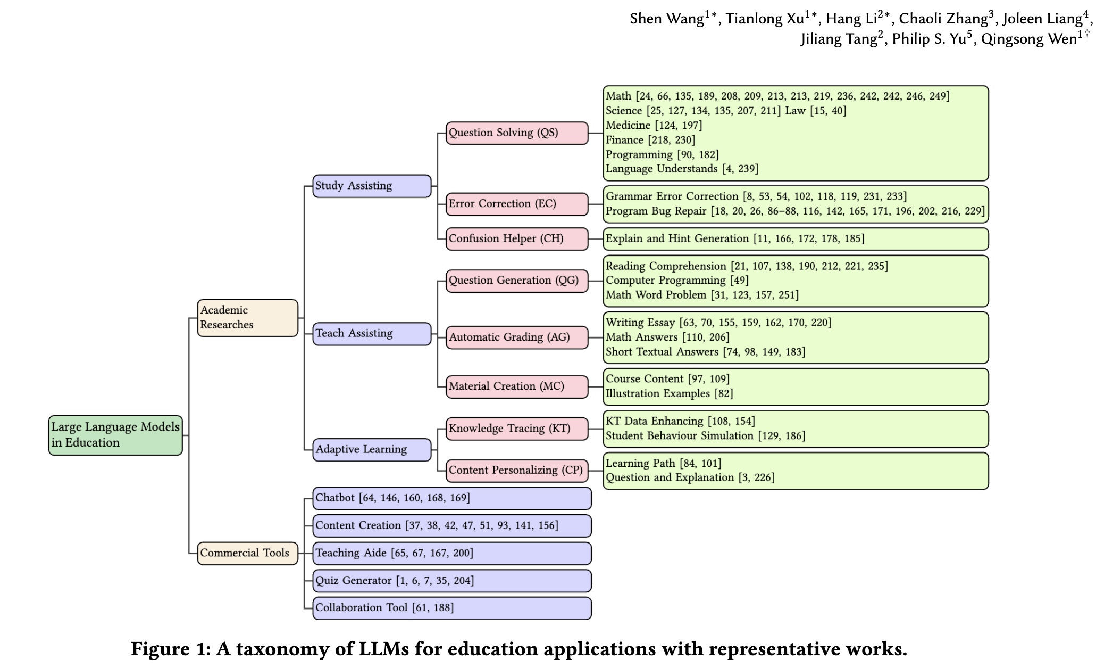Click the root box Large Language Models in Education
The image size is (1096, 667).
115,435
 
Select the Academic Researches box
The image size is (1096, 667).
247,318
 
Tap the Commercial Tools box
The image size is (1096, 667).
247,553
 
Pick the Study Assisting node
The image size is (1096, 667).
372,186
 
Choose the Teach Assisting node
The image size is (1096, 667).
372,334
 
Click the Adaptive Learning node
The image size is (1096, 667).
372,450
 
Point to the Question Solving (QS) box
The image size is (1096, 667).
517,133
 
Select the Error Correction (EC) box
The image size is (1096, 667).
517,204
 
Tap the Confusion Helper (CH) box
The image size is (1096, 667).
517,239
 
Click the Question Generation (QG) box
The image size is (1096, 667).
517,281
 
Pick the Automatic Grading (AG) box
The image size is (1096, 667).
517,337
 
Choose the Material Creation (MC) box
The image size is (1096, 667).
517,386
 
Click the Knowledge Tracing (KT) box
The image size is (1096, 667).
517,429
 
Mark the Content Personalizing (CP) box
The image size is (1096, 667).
517,471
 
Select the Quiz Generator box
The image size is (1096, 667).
451,581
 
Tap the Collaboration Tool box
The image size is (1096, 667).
451,608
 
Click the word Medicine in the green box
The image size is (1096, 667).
628,126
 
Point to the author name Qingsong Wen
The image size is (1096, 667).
1028,39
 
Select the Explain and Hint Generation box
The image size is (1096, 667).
796,239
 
